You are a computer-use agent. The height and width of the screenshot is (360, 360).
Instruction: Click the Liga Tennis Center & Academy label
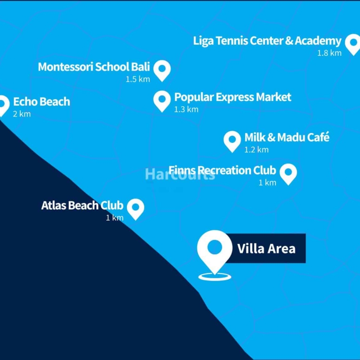267,41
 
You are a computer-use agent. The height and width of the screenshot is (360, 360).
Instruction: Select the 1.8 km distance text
329,53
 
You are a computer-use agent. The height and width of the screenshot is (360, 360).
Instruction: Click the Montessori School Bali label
94,67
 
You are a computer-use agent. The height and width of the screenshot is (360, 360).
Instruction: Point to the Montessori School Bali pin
162,70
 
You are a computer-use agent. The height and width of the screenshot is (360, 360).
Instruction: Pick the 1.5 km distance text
138,79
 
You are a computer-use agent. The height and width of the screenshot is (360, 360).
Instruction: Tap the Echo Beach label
42,102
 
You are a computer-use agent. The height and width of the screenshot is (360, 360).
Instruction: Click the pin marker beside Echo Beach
3,104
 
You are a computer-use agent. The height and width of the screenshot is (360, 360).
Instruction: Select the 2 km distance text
22,114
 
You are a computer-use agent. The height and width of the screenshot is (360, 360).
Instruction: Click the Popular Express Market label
233,97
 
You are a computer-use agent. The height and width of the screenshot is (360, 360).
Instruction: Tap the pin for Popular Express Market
162,100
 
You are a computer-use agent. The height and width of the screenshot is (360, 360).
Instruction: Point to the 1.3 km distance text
186,110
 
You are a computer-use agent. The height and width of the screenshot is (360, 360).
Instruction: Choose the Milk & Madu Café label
287,138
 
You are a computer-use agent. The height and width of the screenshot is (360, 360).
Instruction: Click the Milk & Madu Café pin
232,140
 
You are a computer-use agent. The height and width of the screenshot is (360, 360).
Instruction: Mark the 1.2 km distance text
256,150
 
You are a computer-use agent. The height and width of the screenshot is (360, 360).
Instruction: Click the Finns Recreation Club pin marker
288,173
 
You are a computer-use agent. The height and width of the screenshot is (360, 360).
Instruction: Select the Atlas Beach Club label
82,205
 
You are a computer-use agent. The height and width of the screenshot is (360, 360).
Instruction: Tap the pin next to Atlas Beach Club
136,208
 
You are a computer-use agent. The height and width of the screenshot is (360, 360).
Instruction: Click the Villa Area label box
266,248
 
